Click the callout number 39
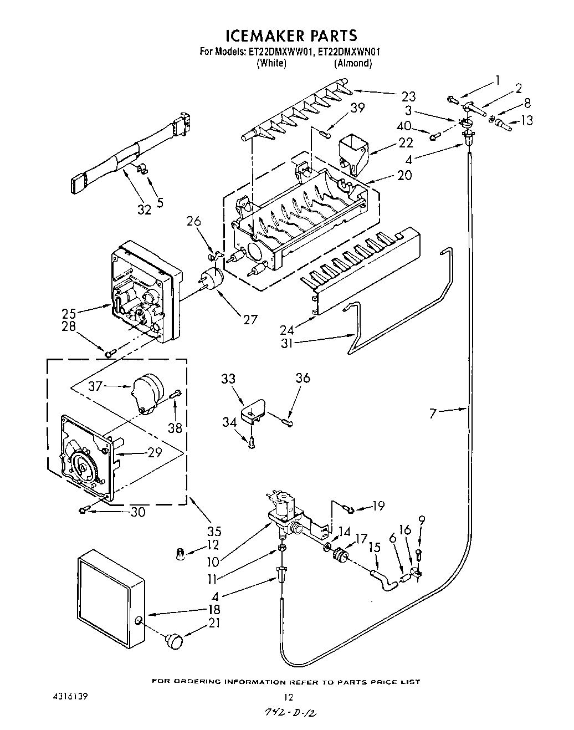pyautogui.click(x=358, y=108)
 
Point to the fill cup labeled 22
pyautogui.click(x=353, y=151)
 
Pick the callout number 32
pyautogui.click(x=143, y=210)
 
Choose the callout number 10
pyautogui.click(x=213, y=562)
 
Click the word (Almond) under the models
pyautogui.click(x=352, y=63)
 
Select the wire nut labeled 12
pyautogui.click(x=181, y=554)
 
